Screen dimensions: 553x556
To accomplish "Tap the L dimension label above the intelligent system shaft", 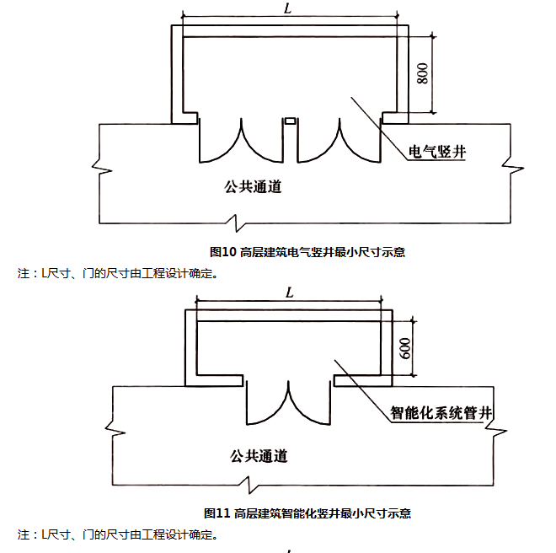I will (x=289, y=292).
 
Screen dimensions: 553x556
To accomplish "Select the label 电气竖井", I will (x=437, y=152).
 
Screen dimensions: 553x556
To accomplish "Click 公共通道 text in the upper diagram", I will (x=253, y=186).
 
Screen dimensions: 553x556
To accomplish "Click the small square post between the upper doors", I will (x=290, y=121).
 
